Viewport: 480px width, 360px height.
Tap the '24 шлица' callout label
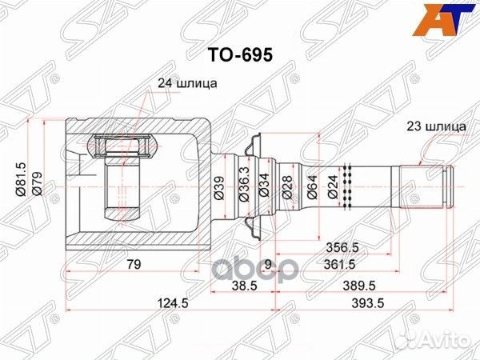(x=185, y=82)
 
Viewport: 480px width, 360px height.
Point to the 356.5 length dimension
(x=343, y=248)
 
